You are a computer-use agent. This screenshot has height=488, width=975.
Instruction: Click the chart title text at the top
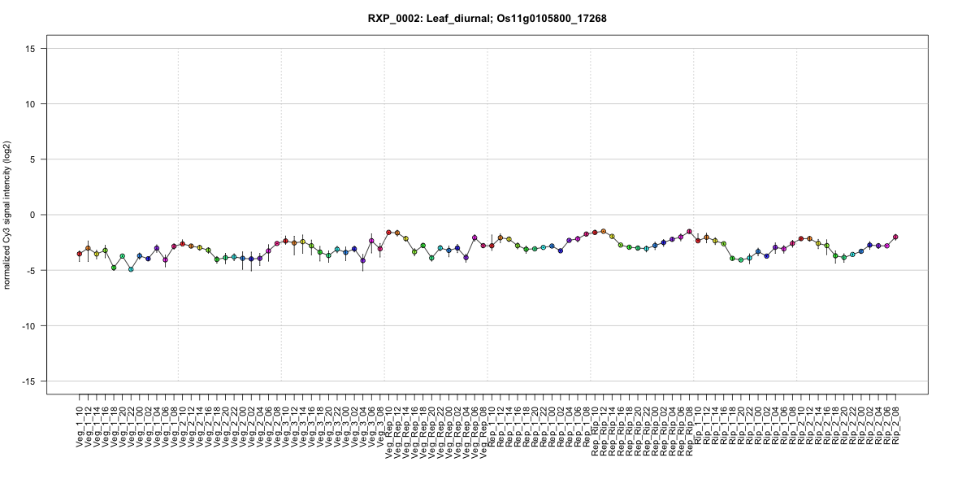point(487,18)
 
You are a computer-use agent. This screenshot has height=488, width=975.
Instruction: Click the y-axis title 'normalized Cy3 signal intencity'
point(8,215)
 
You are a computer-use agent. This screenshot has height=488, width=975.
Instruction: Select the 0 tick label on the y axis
point(36,215)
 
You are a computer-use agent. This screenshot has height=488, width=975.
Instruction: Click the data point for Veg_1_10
point(80,254)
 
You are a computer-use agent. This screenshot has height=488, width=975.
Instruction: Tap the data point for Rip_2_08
point(895,237)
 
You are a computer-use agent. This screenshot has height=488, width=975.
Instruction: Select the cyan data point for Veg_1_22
point(131,269)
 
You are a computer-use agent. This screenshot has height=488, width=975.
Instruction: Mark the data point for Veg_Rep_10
point(388,233)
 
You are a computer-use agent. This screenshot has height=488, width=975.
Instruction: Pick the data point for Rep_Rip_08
point(689,232)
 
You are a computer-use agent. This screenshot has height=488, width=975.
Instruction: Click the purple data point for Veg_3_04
point(362,260)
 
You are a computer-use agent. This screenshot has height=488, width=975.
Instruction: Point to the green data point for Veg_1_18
point(114,268)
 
